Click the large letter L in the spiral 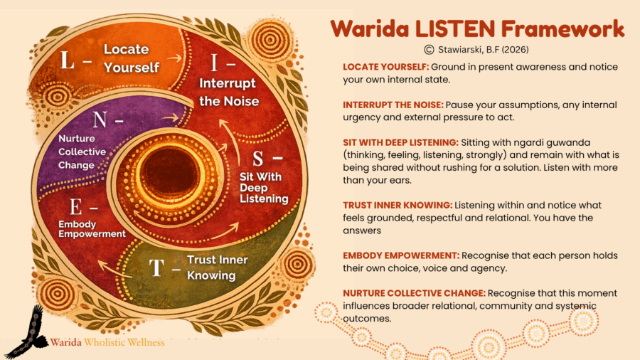click(x=68, y=60)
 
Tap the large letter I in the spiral click(x=214, y=63)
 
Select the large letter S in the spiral click(x=258, y=159)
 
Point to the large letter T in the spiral click(x=156, y=268)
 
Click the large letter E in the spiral click(x=75, y=207)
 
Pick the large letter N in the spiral click(x=100, y=120)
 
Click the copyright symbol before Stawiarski click(x=429, y=50)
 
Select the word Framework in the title click(x=563, y=29)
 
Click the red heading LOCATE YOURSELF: click(x=385, y=67)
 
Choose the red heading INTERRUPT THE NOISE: click(x=393, y=105)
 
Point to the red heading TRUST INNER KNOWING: click(x=398, y=206)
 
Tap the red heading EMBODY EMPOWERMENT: click(x=401, y=255)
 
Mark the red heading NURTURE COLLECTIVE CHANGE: click(x=415, y=293)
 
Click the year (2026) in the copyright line click(x=515, y=50)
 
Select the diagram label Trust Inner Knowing click(x=217, y=268)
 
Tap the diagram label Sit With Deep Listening click(x=264, y=187)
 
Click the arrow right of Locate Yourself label click(x=174, y=58)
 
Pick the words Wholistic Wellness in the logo click(x=124, y=342)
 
